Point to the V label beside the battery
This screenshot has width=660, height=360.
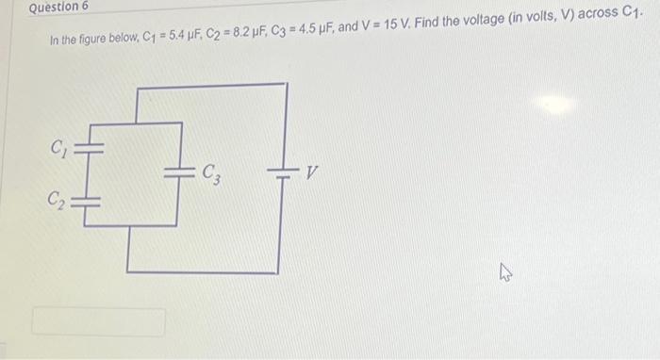click(x=312, y=172)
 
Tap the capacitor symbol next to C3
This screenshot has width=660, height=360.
click(x=177, y=172)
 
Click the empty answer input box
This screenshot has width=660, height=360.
click(x=99, y=321)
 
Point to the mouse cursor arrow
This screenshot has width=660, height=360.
click(x=505, y=273)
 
